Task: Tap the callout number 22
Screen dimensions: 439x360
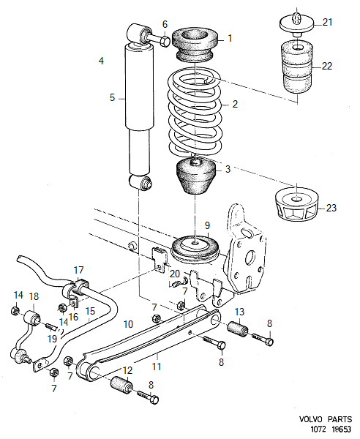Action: (326, 66)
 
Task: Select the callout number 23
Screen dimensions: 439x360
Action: (331, 209)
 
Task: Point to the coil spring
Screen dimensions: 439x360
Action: (196, 110)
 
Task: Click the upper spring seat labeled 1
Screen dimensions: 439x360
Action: (195, 43)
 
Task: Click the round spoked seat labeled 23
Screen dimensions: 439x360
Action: (298, 204)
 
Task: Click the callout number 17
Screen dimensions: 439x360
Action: (79, 270)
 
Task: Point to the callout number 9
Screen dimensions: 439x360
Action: (207, 225)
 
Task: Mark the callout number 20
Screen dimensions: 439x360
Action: (175, 274)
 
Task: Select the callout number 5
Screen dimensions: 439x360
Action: (113, 97)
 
